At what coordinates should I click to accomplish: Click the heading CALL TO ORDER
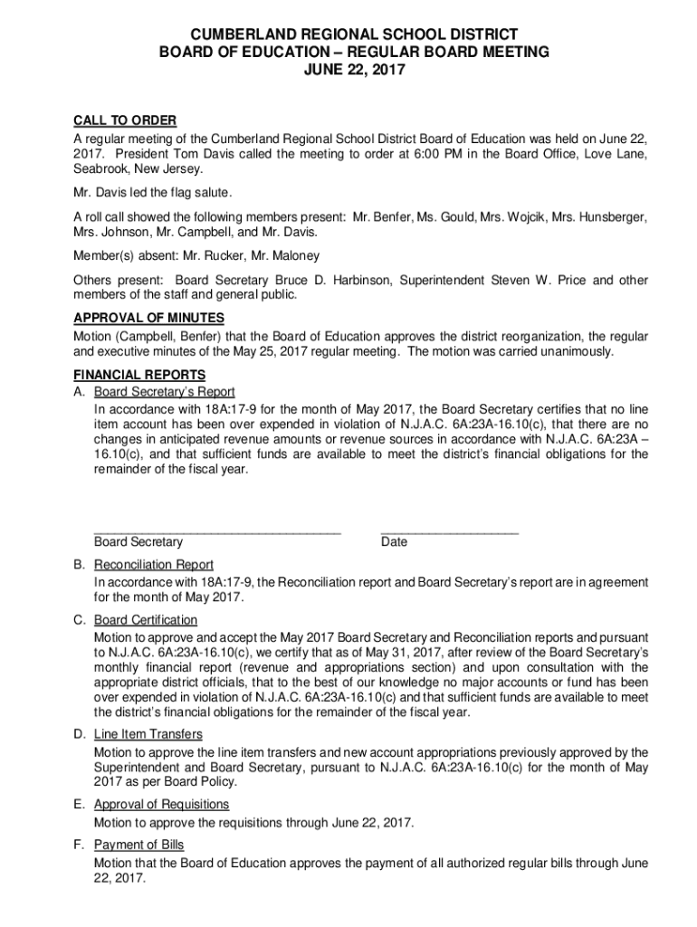[x=124, y=121]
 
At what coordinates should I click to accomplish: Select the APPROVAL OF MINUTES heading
[x=148, y=318]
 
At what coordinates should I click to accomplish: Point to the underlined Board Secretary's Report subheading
[x=165, y=392]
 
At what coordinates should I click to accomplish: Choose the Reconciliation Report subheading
[x=154, y=565]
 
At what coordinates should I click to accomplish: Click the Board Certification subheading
[x=146, y=620]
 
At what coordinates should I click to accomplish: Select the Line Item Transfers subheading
[x=148, y=734]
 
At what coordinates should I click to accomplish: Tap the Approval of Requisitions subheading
[x=162, y=804]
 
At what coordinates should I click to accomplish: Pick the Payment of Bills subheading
[x=139, y=845]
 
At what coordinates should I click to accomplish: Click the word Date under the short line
[x=395, y=542]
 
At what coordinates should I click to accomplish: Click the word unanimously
[x=569, y=351]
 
